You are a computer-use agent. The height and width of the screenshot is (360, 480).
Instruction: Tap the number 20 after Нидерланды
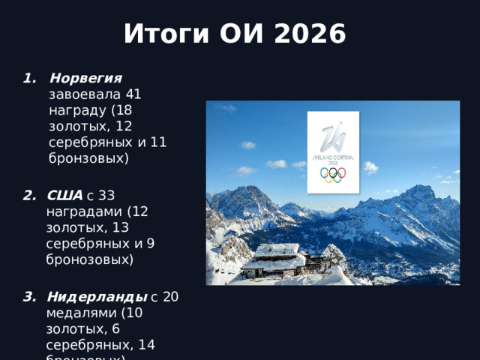170,295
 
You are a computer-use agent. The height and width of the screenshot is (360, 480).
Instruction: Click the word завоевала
82,95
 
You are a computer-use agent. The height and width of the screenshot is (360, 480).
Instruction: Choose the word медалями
73,312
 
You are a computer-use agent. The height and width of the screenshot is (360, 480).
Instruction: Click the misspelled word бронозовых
89,260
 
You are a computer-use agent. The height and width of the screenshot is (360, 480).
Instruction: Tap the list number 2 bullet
30,195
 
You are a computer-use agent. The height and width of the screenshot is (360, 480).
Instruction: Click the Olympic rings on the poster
333,174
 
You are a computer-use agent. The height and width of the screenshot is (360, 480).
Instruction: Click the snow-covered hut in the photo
274,259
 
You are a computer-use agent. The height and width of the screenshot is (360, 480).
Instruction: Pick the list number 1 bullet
30,79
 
